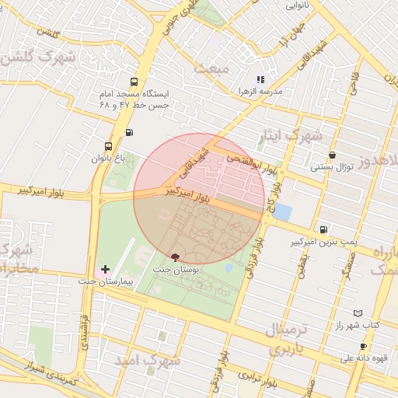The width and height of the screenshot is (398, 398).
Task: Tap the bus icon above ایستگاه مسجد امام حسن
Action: (x=135, y=82)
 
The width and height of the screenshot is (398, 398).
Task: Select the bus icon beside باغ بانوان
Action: (x=108, y=145)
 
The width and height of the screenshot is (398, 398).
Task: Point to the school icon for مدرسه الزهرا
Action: (x=260, y=79)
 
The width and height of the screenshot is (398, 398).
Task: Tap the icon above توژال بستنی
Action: (x=333, y=155)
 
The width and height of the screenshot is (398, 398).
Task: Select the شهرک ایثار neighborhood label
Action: (x=292, y=137)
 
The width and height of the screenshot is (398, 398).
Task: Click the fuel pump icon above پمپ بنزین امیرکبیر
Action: (x=323, y=229)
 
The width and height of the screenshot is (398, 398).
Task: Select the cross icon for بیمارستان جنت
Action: (x=106, y=269)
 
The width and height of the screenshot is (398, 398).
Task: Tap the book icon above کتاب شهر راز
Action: (x=358, y=312)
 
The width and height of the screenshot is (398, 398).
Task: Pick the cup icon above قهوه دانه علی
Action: (x=363, y=346)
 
